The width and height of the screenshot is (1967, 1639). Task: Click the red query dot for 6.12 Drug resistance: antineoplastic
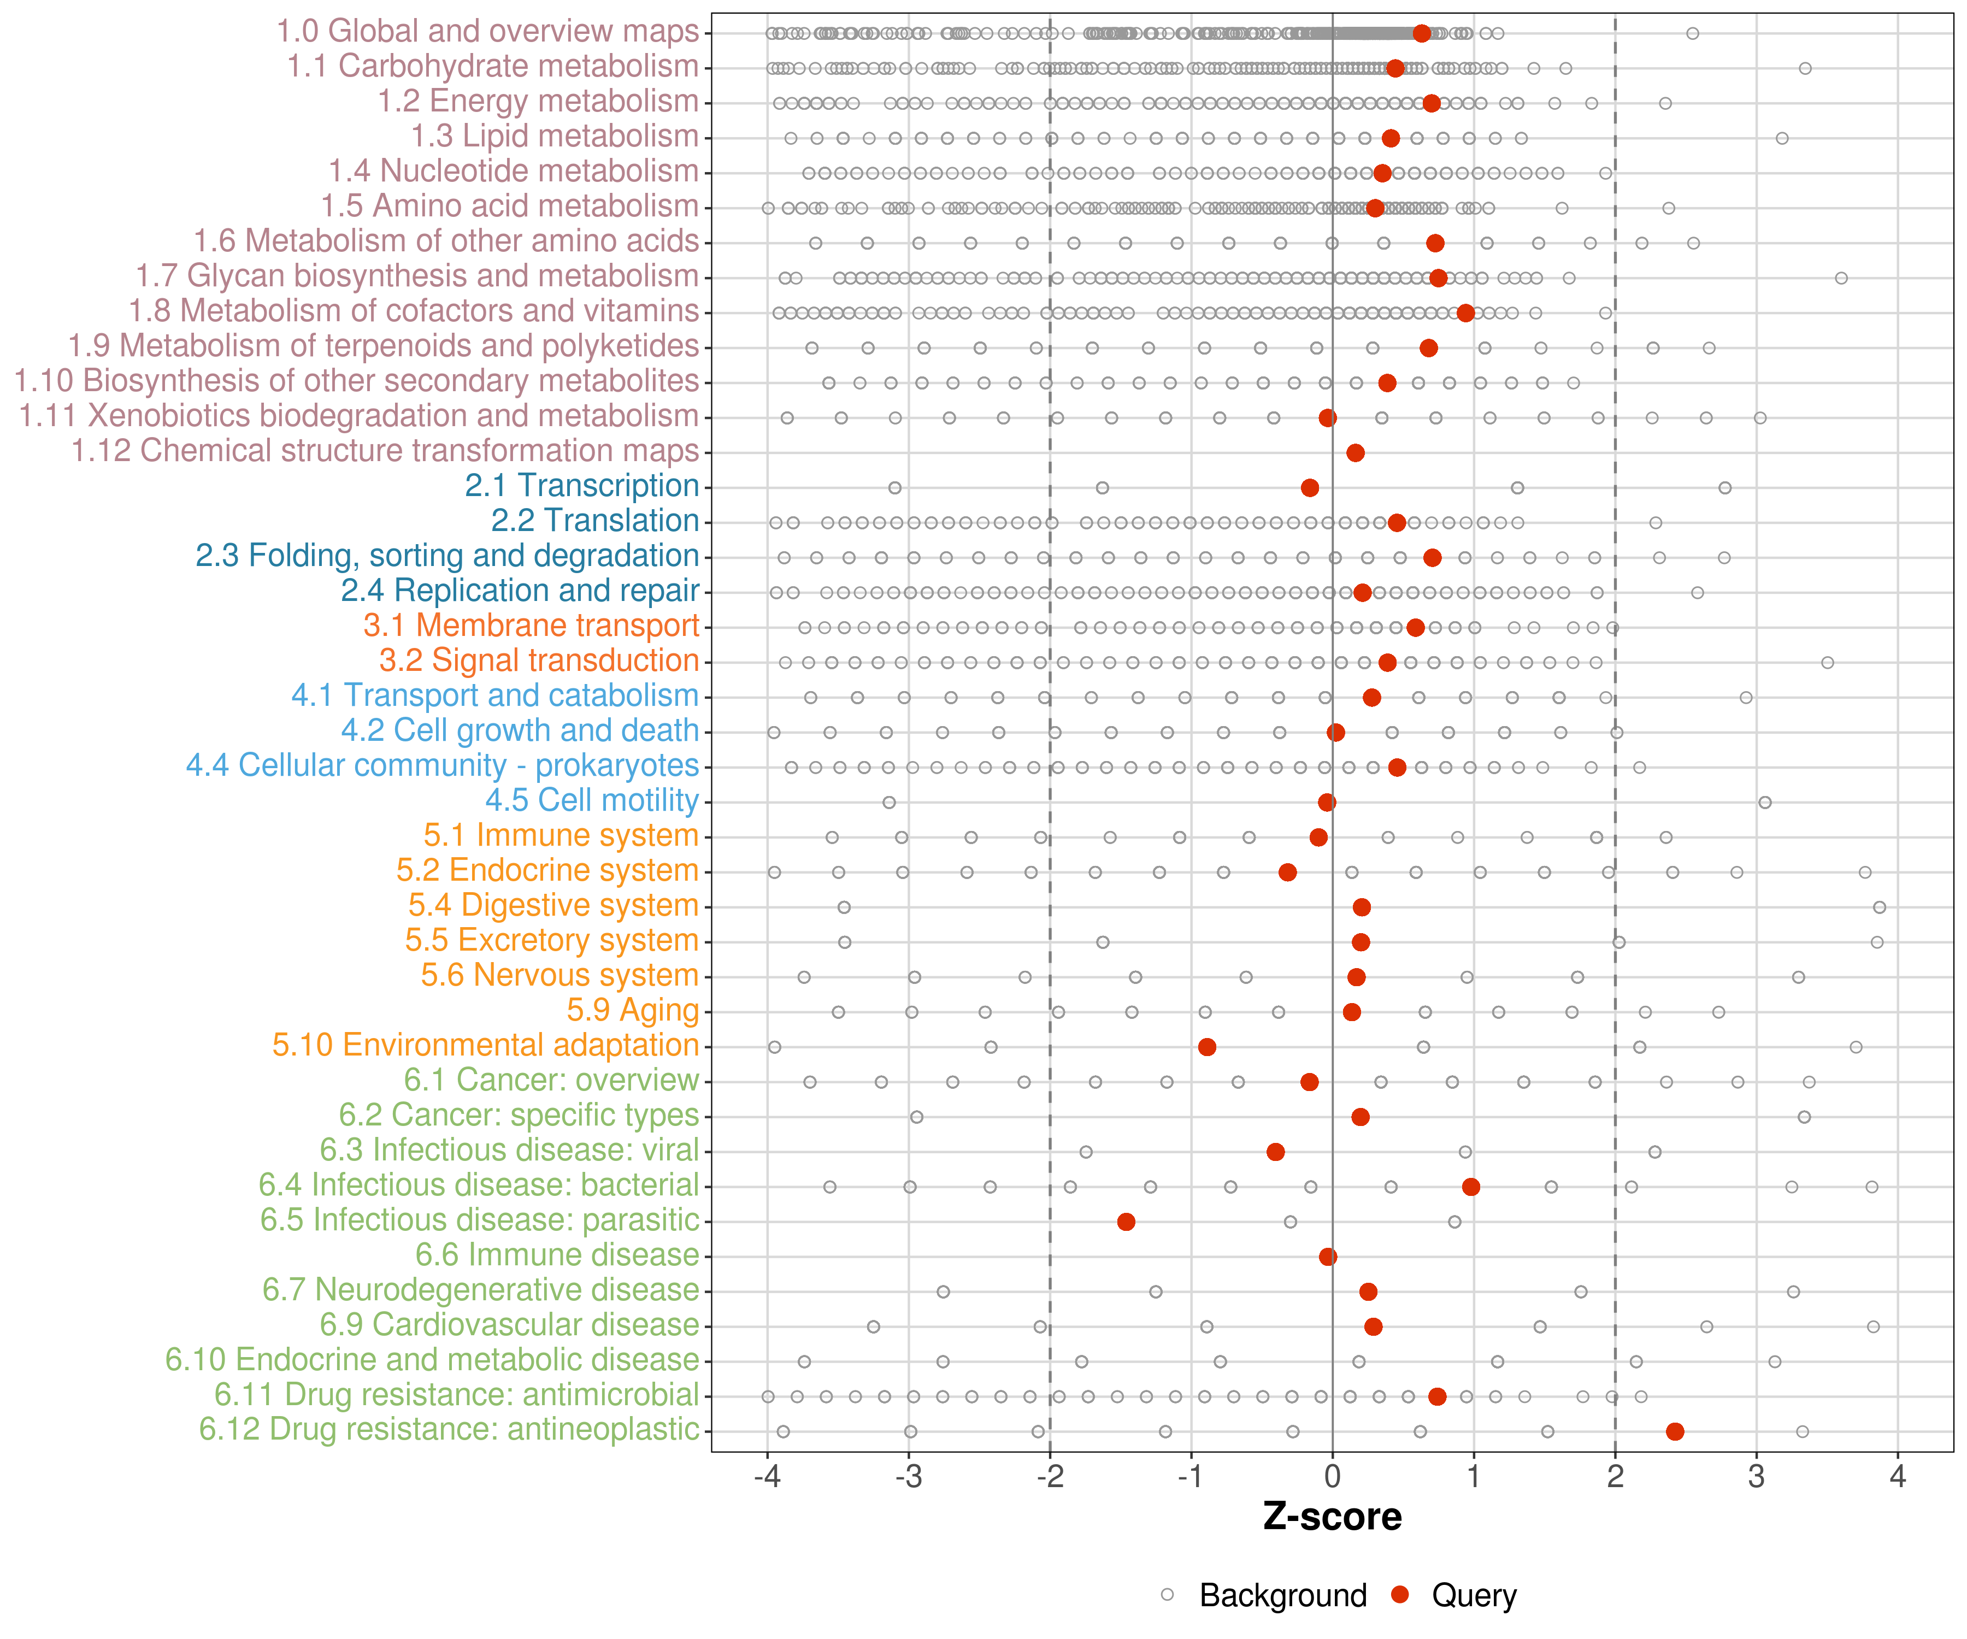[1675, 1431]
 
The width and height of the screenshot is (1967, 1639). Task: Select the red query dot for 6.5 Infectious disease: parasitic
[1126, 1221]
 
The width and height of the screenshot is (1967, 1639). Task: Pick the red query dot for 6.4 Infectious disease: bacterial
[1470, 1187]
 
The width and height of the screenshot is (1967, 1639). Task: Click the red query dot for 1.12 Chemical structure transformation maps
[1354, 452]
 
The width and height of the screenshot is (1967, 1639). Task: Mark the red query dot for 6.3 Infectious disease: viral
[1275, 1151]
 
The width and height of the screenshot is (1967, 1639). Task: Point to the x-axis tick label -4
[767, 1478]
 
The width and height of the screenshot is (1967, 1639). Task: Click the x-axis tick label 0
[1332, 1478]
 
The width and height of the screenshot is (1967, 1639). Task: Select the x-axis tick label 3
[1756, 1478]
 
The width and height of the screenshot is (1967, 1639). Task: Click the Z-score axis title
[1332, 1517]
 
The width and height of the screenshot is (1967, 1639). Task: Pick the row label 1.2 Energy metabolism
[538, 101]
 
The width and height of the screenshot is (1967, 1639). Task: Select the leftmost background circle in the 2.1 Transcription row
[894, 487]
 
